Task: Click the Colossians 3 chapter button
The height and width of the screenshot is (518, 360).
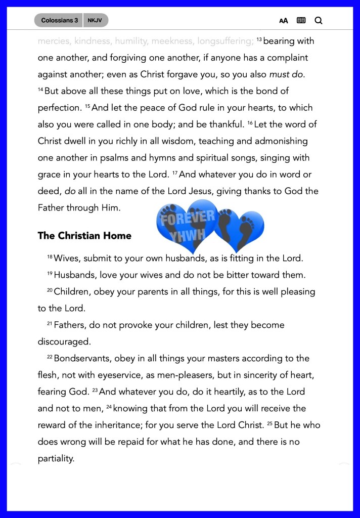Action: coord(59,21)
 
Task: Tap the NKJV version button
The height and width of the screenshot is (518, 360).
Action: coord(95,21)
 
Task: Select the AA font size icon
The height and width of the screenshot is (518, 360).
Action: coord(284,21)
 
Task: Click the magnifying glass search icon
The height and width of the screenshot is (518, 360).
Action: coord(318,21)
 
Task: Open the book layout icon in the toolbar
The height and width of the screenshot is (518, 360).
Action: coord(301,21)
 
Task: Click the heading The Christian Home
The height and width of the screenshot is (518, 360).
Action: coord(84,236)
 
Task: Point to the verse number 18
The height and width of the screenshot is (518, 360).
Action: coord(50,257)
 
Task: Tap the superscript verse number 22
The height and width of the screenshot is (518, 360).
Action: coord(50,357)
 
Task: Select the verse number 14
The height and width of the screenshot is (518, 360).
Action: coord(40,90)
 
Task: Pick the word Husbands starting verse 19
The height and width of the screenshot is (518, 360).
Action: coord(75,275)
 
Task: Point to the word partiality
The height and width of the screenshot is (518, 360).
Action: coord(56,459)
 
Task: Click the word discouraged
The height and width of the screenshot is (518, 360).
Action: coord(64,342)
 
